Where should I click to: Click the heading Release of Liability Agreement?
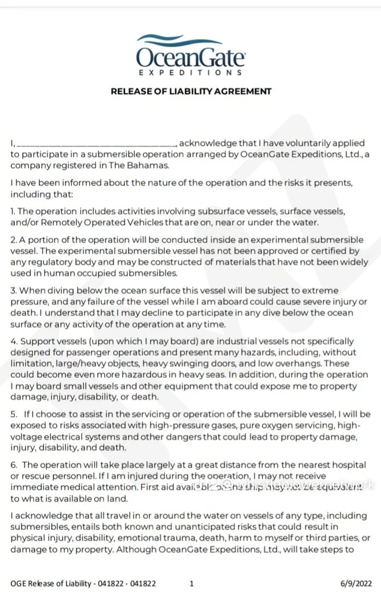coord(191,92)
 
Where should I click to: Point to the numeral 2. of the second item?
coord(14,240)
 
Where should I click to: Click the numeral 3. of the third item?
coord(14,291)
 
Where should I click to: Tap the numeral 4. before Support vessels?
coord(14,342)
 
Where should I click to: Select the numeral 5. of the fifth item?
coord(14,414)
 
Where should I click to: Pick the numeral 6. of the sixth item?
coord(14,465)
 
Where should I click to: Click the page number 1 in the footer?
coord(192,584)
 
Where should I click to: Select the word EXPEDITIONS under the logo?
coord(190,72)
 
